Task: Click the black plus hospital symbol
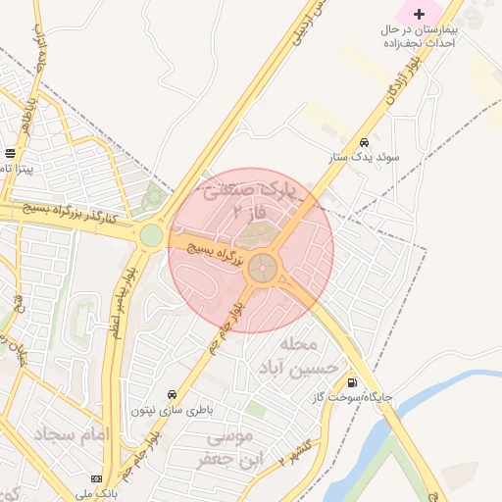pyautogui.click(x=420, y=14)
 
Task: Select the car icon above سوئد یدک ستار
pyautogui.click(x=365, y=142)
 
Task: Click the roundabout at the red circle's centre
pyautogui.click(x=263, y=267)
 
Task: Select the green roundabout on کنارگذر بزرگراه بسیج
pyautogui.click(x=151, y=235)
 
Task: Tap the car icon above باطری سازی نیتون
pyautogui.click(x=173, y=394)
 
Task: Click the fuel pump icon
pyautogui.click(x=351, y=382)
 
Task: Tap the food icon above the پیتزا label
pyautogui.click(x=10, y=153)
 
